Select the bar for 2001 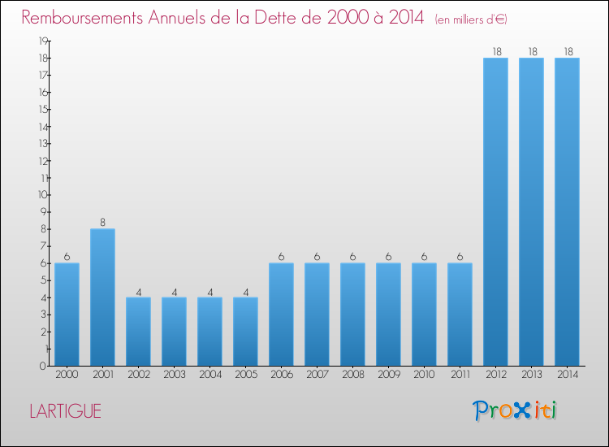point(102,297)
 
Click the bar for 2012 point(495,212)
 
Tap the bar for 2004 point(209,332)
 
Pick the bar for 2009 point(388,315)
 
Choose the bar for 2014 point(567,212)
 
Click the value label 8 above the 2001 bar point(102,223)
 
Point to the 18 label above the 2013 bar point(533,52)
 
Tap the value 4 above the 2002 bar point(139,293)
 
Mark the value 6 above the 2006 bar point(281,257)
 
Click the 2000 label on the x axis point(67,375)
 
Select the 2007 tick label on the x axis point(317,375)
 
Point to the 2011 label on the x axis point(460,375)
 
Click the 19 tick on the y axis point(43,41)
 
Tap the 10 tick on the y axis point(43,195)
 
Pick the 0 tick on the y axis point(43,366)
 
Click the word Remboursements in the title point(82,18)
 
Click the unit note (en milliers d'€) point(471,20)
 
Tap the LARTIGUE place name point(65,411)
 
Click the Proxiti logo point(515,410)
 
